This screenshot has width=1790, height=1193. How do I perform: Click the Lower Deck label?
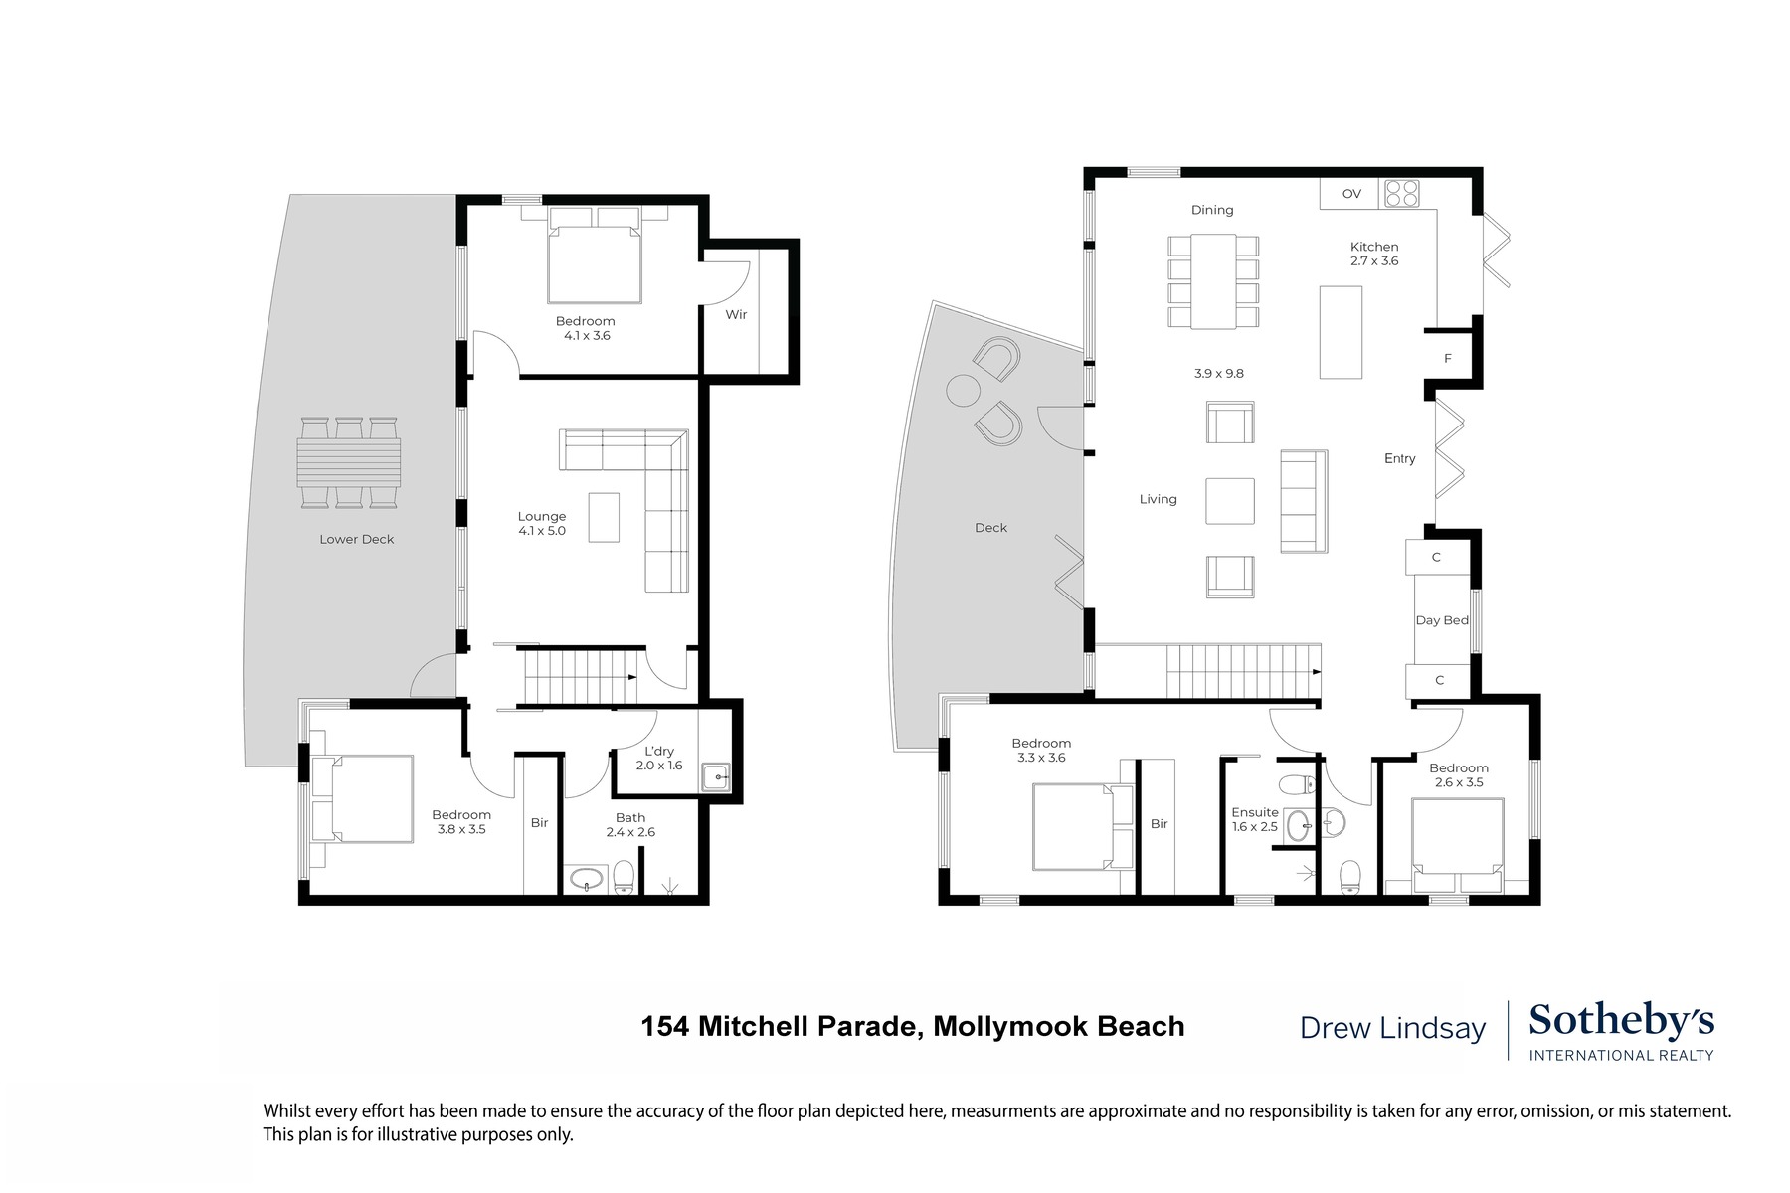click(x=356, y=539)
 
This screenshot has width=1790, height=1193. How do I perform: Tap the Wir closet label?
click(x=736, y=314)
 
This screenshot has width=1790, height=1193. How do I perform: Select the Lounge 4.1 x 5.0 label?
click(x=542, y=523)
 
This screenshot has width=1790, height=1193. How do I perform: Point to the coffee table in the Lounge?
click(x=604, y=517)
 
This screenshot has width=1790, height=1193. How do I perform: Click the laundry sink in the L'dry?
click(x=716, y=776)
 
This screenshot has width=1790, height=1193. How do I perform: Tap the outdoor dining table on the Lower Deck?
click(x=349, y=462)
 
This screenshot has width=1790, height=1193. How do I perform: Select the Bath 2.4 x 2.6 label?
click(x=630, y=825)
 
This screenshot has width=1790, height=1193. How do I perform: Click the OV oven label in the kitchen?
click(x=1351, y=194)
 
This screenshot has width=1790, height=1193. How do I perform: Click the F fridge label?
click(x=1448, y=358)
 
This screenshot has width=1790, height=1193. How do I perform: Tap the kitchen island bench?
click(x=1341, y=332)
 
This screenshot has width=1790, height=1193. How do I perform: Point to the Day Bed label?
click(x=1442, y=620)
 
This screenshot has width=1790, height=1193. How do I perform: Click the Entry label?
click(x=1399, y=458)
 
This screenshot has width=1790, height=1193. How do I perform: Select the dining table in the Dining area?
click(x=1213, y=280)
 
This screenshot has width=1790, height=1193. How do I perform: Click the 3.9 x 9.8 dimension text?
click(x=1219, y=374)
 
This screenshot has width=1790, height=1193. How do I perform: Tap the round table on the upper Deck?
click(x=962, y=390)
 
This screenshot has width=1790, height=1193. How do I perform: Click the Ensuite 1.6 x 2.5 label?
click(x=1255, y=819)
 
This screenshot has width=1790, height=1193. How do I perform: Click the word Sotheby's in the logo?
click(x=1621, y=1021)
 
